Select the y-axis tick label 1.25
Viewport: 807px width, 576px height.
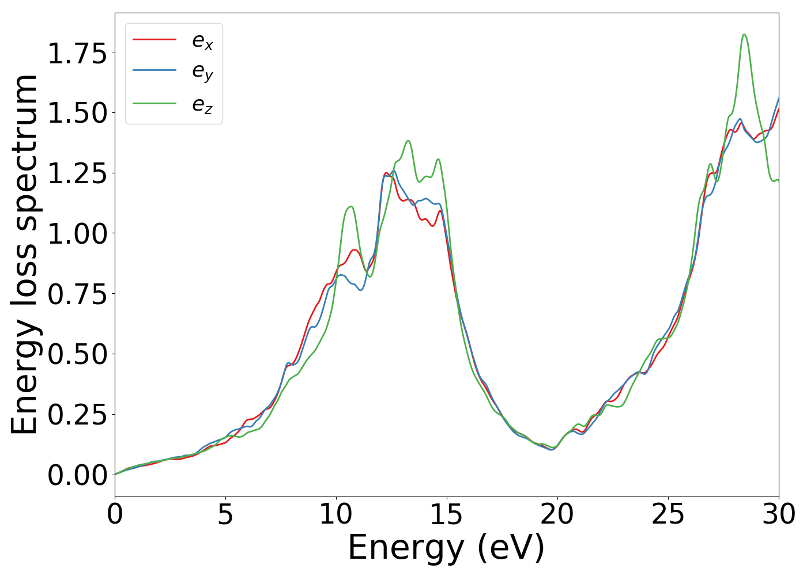click(x=77, y=173)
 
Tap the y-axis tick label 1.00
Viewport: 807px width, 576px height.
click(x=77, y=234)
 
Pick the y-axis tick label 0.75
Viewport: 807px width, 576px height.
click(x=77, y=294)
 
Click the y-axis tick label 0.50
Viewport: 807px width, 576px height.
click(x=77, y=354)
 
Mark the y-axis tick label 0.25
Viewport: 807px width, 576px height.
click(x=77, y=415)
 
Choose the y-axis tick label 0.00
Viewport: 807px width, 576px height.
click(x=77, y=475)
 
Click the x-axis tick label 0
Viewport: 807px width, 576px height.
click(x=115, y=514)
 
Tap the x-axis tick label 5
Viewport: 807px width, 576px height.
click(x=225, y=514)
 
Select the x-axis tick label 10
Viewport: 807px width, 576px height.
click(x=336, y=514)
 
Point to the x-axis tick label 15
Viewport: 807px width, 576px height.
click(x=447, y=514)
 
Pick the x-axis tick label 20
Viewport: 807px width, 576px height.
click(x=557, y=514)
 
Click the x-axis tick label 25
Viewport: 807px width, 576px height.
click(x=668, y=514)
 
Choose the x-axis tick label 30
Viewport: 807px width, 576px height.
click(x=779, y=514)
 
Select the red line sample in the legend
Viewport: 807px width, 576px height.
click(x=154, y=39)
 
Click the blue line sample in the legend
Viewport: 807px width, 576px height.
click(x=154, y=70)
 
